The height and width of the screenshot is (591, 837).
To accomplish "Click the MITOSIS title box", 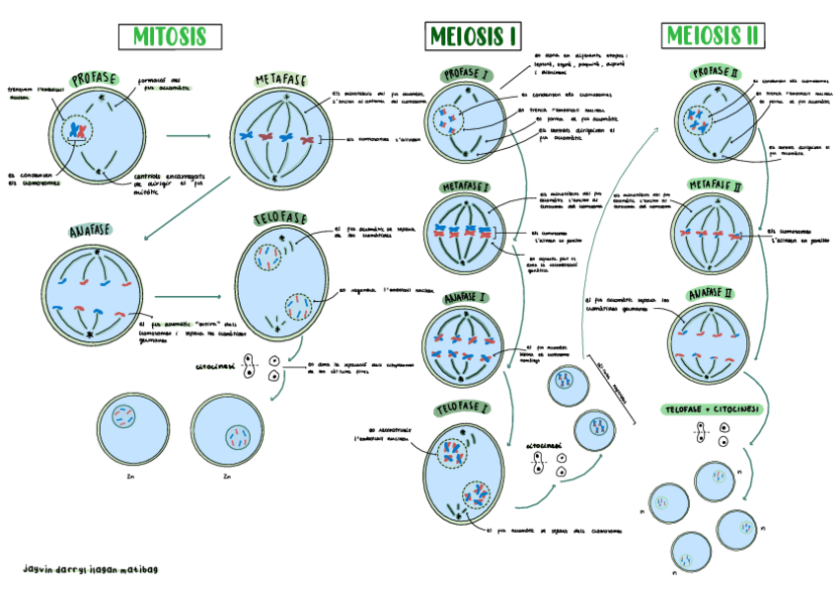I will [165, 37].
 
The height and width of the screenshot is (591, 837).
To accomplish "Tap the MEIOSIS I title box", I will [473, 37].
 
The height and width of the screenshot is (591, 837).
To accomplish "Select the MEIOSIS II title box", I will [713, 37].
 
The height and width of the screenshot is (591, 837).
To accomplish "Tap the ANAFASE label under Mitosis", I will [90, 233].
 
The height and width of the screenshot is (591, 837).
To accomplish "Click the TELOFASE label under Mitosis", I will [280, 218].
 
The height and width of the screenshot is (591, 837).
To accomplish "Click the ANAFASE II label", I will [709, 294].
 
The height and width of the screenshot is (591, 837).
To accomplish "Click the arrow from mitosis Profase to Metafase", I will [188, 133].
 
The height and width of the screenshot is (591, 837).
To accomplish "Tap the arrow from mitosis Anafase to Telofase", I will [188, 295].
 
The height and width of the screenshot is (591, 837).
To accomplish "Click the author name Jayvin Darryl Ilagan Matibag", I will [91, 569].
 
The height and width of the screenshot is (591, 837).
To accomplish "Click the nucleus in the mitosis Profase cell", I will [77, 129].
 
